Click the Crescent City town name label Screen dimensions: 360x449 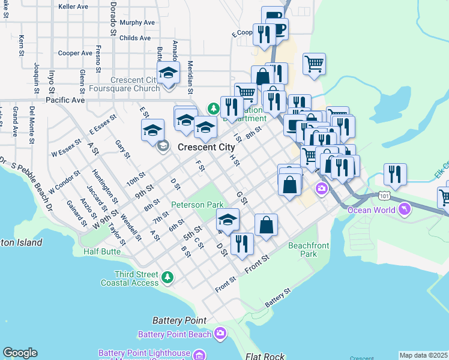click(206, 147)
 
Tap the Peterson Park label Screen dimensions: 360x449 click(197, 205)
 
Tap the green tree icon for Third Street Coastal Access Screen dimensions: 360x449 click(168, 277)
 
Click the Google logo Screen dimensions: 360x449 click(20, 353)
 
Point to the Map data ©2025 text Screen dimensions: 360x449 click(423, 355)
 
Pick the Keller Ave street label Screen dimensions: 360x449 click(73, 7)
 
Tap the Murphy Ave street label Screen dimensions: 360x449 click(137, 22)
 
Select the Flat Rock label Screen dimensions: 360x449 click(265, 356)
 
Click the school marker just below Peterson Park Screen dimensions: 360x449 click(228, 220)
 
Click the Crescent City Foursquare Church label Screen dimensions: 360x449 click(135, 84)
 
